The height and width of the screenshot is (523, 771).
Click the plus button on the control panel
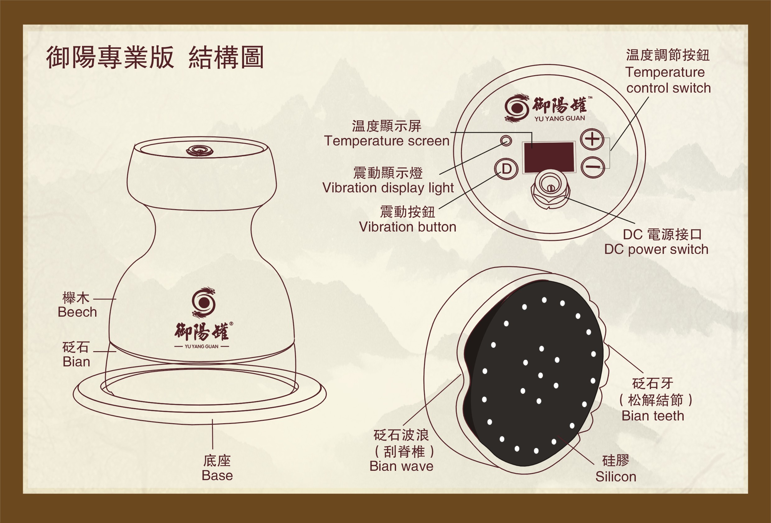[592, 140]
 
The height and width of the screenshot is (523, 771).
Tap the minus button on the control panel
[593, 167]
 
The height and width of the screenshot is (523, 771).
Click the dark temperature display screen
[549, 157]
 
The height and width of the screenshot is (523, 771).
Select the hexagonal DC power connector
[551, 189]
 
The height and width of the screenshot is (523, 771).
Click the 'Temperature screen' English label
[387, 141]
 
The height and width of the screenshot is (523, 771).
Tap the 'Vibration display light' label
[388, 188]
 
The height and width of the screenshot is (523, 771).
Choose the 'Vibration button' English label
[408, 227]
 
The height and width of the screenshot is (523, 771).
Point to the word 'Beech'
[77, 312]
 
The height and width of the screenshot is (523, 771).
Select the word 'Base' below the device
[217, 475]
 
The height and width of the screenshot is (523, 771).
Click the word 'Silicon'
[616, 477]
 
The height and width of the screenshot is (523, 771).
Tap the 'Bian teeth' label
[653, 416]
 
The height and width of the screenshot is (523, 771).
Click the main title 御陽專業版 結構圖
[155, 57]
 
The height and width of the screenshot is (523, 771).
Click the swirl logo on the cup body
[204, 302]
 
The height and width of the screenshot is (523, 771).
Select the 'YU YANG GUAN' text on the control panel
[560, 118]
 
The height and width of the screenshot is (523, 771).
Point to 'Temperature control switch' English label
[668, 80]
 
